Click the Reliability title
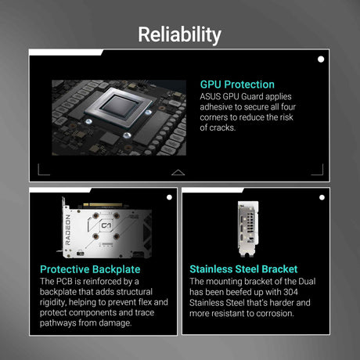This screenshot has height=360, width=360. [x=179, y=35]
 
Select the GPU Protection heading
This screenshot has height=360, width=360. [x=237, y=85]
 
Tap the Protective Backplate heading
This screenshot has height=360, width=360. [x=90, y=269]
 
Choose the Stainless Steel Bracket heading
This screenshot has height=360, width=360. [x=243, y=269]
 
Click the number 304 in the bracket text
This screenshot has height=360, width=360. [x=290, y=292]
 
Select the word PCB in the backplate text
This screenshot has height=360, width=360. [x=64, y=281]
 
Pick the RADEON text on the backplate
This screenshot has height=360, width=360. [x=68, y=230]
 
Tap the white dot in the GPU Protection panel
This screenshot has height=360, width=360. [x=321, y=59]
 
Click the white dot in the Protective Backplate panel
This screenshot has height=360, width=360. [x=169, y=197]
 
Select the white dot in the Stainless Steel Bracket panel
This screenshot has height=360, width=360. [x=322, y=197]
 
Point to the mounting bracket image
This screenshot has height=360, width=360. [x=248, y=229]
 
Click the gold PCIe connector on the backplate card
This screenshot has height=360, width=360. [x=103, y=205]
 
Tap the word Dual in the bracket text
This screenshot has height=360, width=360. [x=307, y=282]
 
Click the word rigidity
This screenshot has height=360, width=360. [x=52, y=303]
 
